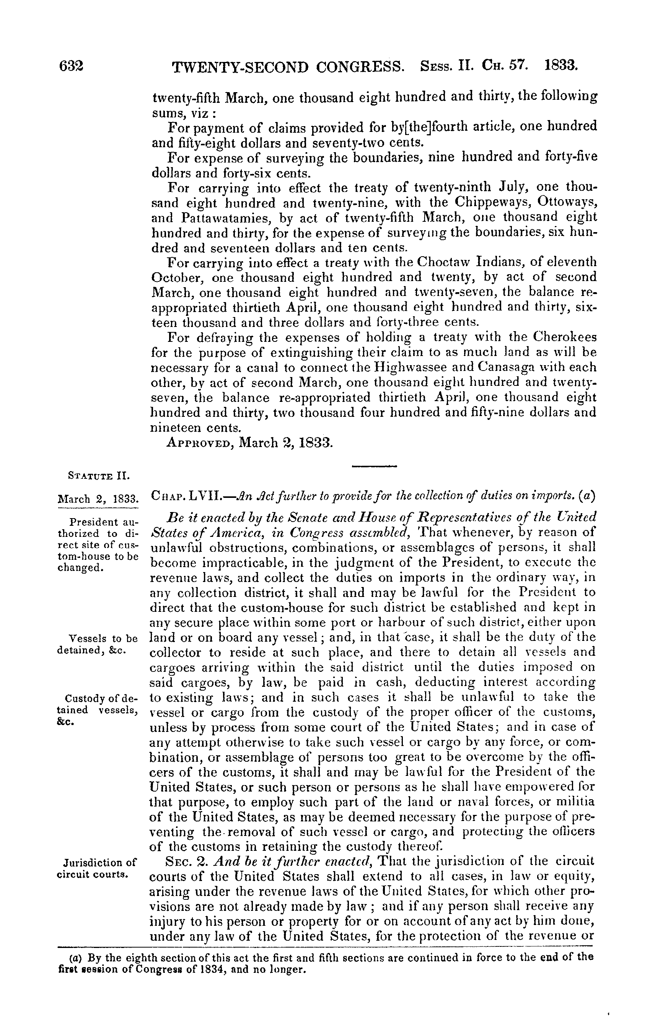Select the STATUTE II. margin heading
point(99,476)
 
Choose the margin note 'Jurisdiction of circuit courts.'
point(97,867)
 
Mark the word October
point(178,277)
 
